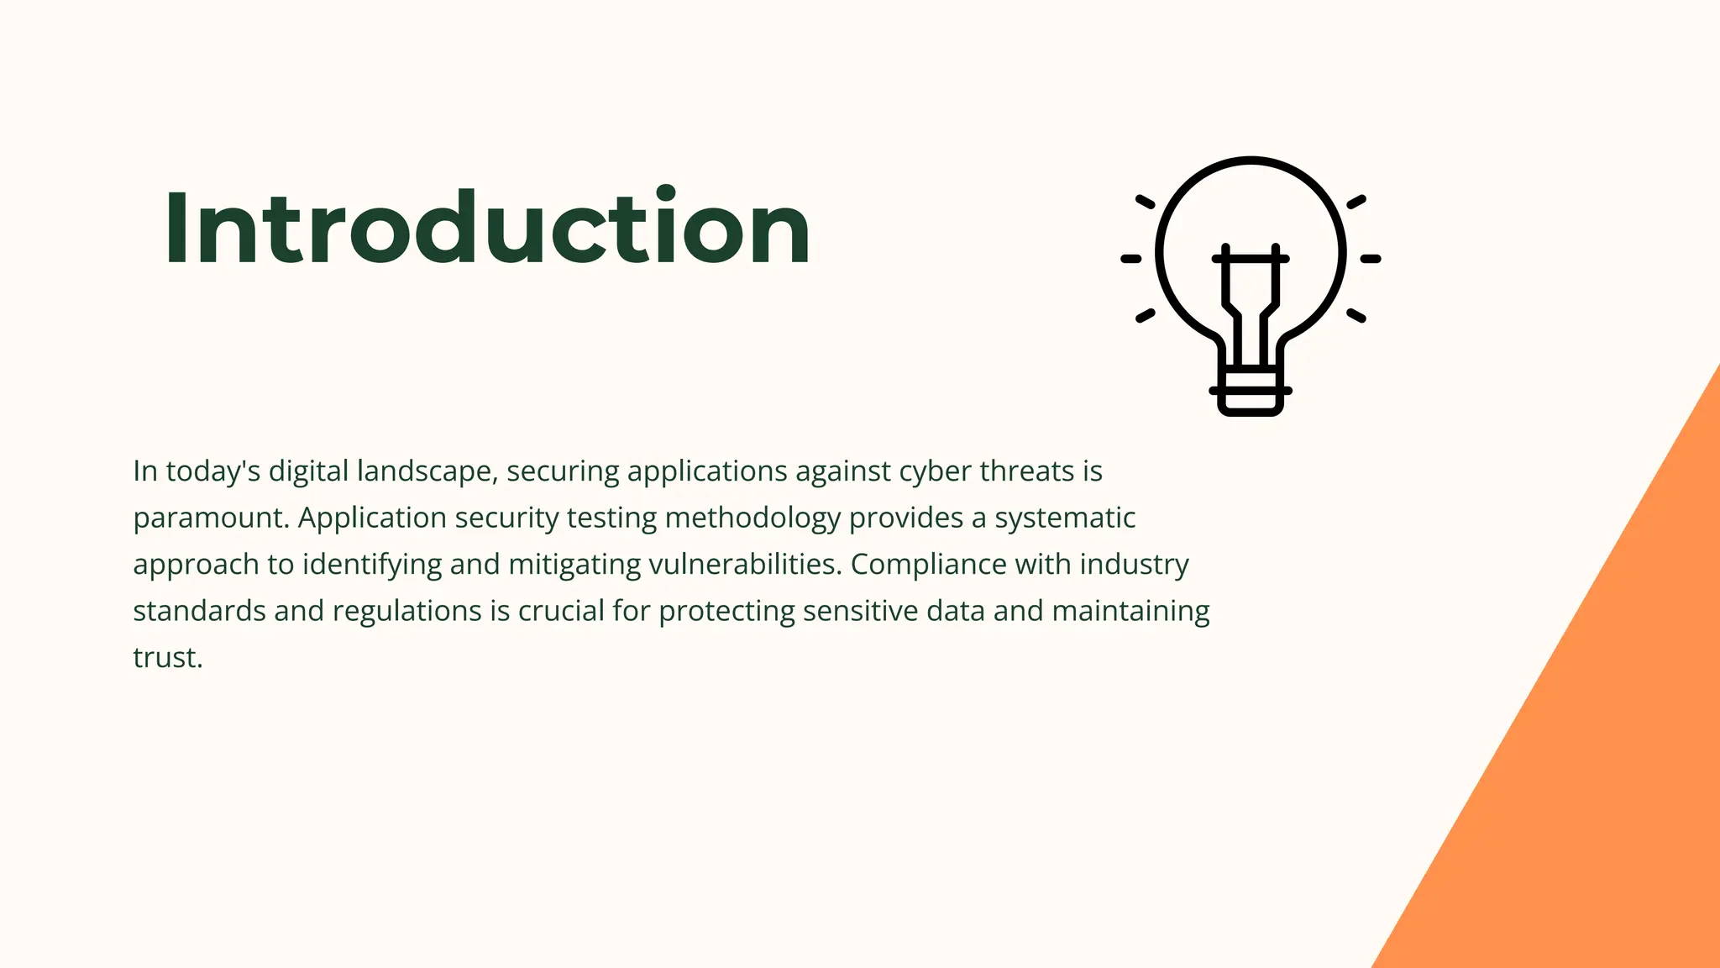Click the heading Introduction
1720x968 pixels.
pyautogui.click(x=487, y=229)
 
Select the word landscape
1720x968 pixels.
pyautogui.click(x=427, y=471)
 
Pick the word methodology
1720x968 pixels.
pyautogui.click(x=752, y=518)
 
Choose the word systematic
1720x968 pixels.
pyautogui.click(x=1065, y=518)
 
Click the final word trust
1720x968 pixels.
pyautogui.click(x=168, y=658)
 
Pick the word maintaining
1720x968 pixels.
pyautogui.click(x=1130, y=611)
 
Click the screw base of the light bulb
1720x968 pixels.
pyautogui.click(x=1251, y=391)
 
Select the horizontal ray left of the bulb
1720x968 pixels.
pyautogui.click(x=1131, y=259)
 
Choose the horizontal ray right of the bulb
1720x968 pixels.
pyautogui.click(x=1371, y=259)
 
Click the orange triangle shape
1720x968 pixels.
pyautogui.click(x=1596, y=756)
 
